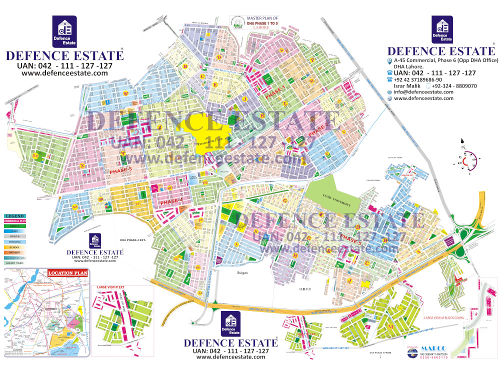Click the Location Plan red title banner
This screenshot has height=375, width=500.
pyautogui.click(x=67, y=273)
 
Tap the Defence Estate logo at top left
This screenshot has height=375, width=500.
pyautogui.click(x=64, y=31)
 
